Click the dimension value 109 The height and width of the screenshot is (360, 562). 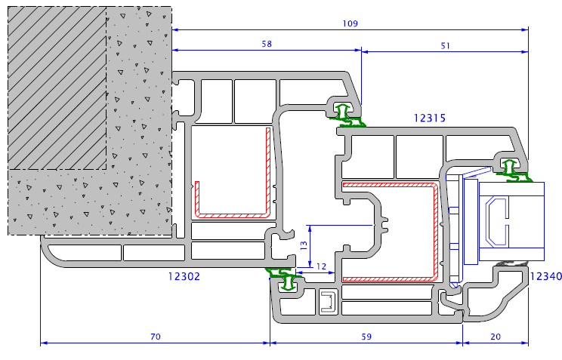coord(350,23)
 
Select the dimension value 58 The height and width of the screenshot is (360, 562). coord(267,44)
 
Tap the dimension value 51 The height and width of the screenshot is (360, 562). coord(445,46)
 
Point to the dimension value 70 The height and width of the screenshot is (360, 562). coord(156,337)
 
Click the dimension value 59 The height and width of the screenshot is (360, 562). coord(366,337)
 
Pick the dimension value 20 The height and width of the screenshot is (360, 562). coord(496,337)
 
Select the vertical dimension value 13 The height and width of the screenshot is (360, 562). coord(304,245)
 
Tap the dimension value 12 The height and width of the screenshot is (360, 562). coord(322,266)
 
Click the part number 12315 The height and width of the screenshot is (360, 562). coord(430,118)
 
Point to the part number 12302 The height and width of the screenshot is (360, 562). coord(184,276)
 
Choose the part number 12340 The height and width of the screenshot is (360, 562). coord(546,276)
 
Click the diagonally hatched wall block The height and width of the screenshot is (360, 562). coord(57,88)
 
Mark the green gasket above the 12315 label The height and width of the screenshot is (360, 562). coord(347,115)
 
